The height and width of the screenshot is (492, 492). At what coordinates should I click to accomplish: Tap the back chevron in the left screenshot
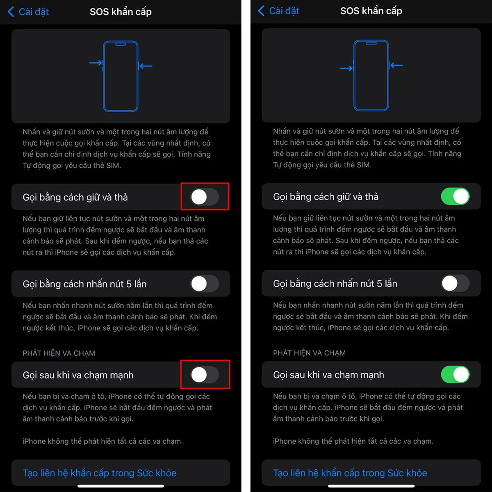click(11, 12)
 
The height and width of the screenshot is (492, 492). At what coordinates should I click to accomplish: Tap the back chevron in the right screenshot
click(261, 11)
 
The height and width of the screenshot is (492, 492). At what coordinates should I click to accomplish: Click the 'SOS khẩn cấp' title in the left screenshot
click(121, 12)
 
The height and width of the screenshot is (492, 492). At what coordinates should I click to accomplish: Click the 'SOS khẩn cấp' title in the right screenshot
click(371, 11)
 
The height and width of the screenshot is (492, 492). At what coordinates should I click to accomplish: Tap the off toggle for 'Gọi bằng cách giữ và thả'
click(205, 197)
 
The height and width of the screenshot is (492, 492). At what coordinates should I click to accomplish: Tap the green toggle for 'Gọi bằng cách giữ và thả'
click(455, 196)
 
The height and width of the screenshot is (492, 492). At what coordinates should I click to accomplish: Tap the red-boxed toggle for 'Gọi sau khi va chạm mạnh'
click(205, 375)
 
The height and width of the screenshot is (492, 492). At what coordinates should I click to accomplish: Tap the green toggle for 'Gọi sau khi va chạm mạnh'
click(455, 374)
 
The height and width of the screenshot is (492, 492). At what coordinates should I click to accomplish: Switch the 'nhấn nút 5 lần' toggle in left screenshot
click(205, 283)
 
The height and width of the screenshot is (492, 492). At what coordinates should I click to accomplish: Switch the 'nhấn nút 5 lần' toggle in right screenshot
click(455, 283)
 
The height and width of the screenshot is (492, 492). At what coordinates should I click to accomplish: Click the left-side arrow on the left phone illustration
click(96, 63)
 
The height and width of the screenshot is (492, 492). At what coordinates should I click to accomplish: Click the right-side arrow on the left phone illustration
click(146, 66)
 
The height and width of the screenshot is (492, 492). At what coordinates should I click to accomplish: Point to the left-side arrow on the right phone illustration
click(346, 68)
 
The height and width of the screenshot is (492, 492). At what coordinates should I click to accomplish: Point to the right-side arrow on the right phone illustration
click(396, 65)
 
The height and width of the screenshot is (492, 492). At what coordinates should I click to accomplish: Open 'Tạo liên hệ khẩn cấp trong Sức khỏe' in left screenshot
click(100, 473)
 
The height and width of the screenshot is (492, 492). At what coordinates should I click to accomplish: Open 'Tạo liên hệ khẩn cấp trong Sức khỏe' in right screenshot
click(350, 473)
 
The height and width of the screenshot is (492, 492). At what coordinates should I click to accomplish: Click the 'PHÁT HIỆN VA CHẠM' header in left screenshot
click(59, 353)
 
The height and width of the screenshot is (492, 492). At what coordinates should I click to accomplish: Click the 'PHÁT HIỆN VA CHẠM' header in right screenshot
click(309, 353)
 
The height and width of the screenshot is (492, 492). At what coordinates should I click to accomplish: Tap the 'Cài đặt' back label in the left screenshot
click(34, 12)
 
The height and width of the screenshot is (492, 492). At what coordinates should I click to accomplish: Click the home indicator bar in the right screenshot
click(371, 485)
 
